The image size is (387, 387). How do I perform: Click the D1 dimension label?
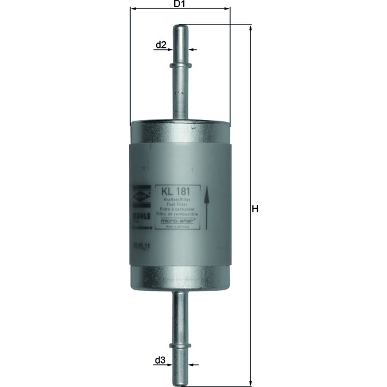180,5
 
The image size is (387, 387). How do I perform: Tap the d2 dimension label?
161,45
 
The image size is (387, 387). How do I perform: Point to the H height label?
255,209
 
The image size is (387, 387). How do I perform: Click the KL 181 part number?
175,192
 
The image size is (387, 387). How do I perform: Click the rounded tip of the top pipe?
180,27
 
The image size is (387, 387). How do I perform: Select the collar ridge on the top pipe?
180,65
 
